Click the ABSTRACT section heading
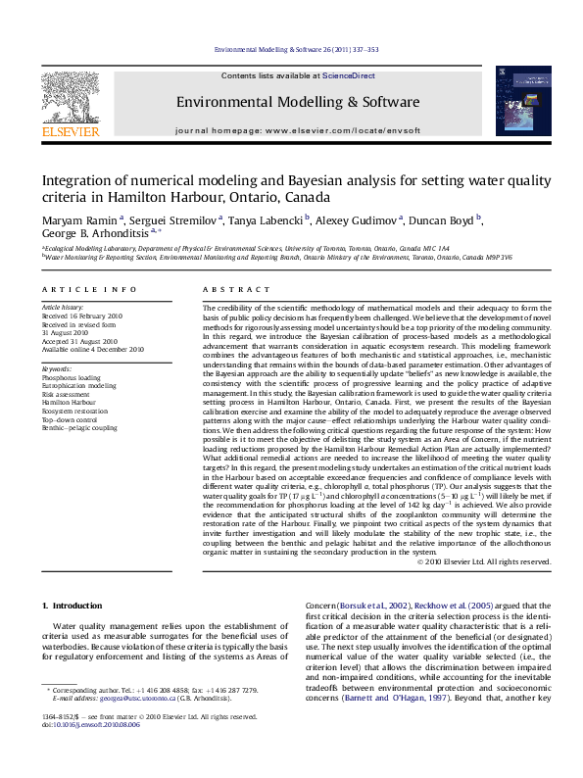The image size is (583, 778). click(x=236, y=290)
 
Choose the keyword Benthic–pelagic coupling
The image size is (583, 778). click(x=79, y=428)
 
